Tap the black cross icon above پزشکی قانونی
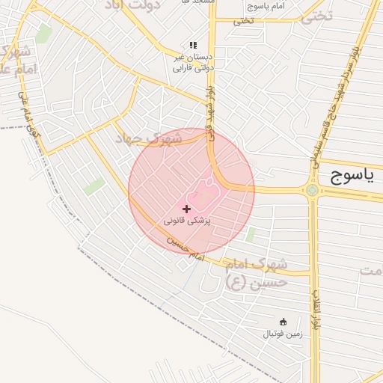(x=186, y=208)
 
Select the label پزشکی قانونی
(x=188, y=221)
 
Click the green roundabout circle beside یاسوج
(x=312, y=190)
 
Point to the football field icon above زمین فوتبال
(x=283, y=322)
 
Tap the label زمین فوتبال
(x=282, y=334)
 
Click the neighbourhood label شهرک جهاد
(x=150, y=138)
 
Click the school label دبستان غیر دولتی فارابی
(x=193, y=61)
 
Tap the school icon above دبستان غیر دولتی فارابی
(x=193, y=45)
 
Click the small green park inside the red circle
(x=250, y=234)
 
